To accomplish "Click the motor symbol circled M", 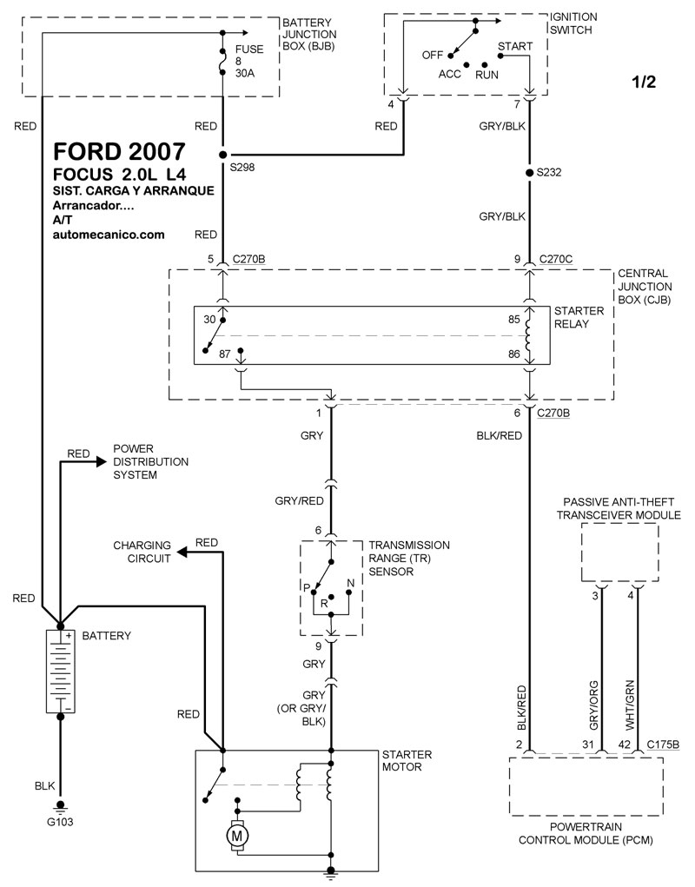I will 237,836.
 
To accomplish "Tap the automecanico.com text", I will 109,235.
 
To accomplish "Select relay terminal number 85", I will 513,319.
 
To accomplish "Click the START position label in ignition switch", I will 509,44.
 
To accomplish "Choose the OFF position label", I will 433,55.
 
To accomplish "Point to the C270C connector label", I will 557,258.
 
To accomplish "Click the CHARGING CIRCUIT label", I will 141,553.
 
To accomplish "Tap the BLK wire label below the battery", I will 44,786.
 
